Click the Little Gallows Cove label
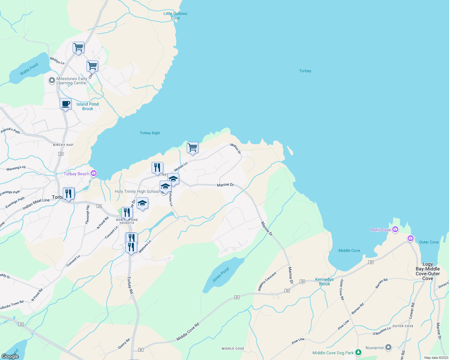175,16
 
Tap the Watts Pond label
29,69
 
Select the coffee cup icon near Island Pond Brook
65,104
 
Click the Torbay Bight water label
150,133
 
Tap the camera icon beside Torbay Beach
94,173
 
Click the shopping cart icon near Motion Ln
192,148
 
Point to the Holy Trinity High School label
137,191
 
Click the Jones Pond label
221,274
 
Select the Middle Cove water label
349,250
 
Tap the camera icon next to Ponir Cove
395,229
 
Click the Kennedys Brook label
324,281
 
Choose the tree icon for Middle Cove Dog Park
358,352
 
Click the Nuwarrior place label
375,348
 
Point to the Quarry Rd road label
124,344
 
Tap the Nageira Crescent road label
267,281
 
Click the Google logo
10,356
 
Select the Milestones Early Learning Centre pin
52,80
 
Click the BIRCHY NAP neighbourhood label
63,145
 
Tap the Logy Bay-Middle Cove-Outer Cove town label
428,271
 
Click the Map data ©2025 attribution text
435,358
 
